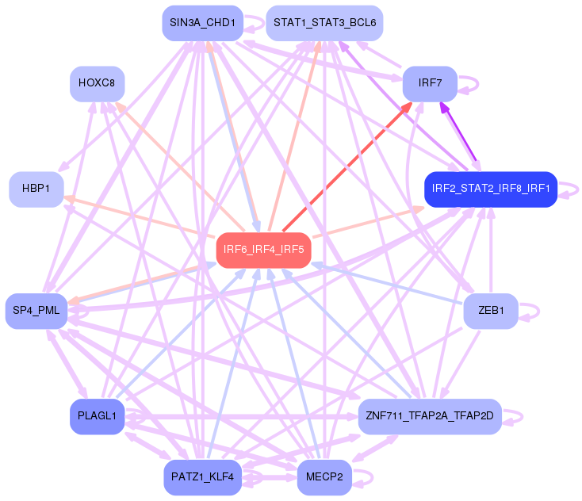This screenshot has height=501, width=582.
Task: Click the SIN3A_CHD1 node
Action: [x=201, y=23]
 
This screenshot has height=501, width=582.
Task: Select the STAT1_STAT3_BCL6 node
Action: [x=324, y=23]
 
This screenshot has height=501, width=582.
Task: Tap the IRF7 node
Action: [x=429, y=83]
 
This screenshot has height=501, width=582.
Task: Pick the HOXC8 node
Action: [x=96, y=83]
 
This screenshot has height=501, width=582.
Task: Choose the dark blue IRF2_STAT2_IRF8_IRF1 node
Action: [x=491, y=189]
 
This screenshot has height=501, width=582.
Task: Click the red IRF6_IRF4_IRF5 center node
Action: [x=263, y=250]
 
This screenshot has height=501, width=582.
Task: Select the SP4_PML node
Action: [x=36, y=310]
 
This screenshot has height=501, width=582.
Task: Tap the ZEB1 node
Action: [x=491, y=310]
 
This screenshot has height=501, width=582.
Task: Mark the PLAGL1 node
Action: [x=96, y=416]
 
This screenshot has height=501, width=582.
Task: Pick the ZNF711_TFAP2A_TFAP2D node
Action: [x=429, y=416]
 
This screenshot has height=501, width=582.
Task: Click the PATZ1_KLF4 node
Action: [x=201, y=477]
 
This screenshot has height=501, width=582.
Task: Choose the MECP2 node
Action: [x=324, y=477]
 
